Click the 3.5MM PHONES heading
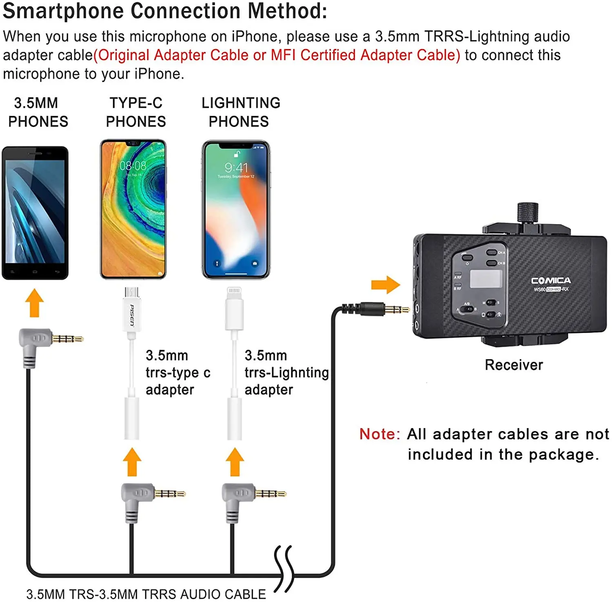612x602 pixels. pyautogui.click(x=38, y=112)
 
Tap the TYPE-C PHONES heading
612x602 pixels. pyautogui.click(x=136, y=112)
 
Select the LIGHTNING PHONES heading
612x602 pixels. pyautogui.click(x=240, y=112)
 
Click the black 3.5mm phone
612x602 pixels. pyautogui.click(x=35, y=212)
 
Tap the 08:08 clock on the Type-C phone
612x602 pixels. pyautogui.click(x=133, y=166)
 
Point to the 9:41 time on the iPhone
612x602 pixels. pyautogui.click(x=236, y=168)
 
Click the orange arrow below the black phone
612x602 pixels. pyautogui.click(x=35, y=302)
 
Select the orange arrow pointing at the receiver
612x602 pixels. pyautogui.click(x=385, y=284)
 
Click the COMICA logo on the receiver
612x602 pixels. pyautogui.click(x=551, y=281)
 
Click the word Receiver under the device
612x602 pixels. pyautogui.click(x=514, y=365)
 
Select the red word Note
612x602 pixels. pyautogui.click(x=379, y=434)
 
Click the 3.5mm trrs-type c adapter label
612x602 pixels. pyautogui.click(x=178, y=373)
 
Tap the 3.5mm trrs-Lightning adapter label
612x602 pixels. pyautogui.click(x=286, y=373)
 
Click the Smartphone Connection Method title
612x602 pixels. pyautogui.click(x=165, y=11)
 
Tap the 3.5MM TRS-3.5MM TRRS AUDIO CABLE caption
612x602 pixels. pyautogui.click(x=146, y=594)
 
